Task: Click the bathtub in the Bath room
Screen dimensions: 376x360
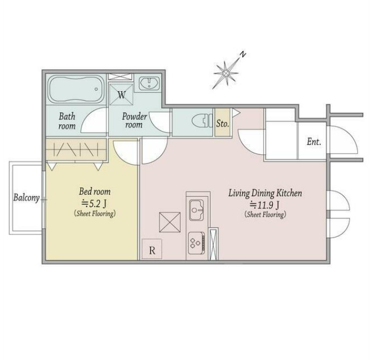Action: click(76, 89)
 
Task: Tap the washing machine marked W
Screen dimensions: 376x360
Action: click(121, 94)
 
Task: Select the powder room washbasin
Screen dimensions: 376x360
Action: click(149, 83)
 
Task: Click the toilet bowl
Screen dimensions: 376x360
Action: click(202, 120)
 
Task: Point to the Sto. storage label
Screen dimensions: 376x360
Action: click(223, 124)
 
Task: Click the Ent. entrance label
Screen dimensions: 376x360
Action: click(314, 142)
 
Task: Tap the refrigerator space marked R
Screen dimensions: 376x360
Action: click(152, 249)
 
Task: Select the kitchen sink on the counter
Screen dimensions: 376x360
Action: click(197, 210)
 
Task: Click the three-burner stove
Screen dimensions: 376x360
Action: click(196, 243)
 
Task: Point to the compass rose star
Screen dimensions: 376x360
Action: click(225, 73)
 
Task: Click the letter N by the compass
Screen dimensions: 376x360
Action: click(243, 55)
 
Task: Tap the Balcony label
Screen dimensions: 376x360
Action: click(26, 198)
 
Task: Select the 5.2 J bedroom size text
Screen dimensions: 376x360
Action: click(94, 204)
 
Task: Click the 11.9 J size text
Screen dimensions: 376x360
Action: click(265, 205)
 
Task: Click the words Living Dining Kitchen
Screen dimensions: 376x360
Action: click(265, 193)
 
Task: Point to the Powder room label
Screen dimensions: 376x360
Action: click(134, 121)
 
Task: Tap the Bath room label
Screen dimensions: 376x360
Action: click(67, 121)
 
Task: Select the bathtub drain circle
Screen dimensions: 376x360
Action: click(96, 89)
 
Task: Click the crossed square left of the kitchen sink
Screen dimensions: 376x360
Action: click(170, 222)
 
